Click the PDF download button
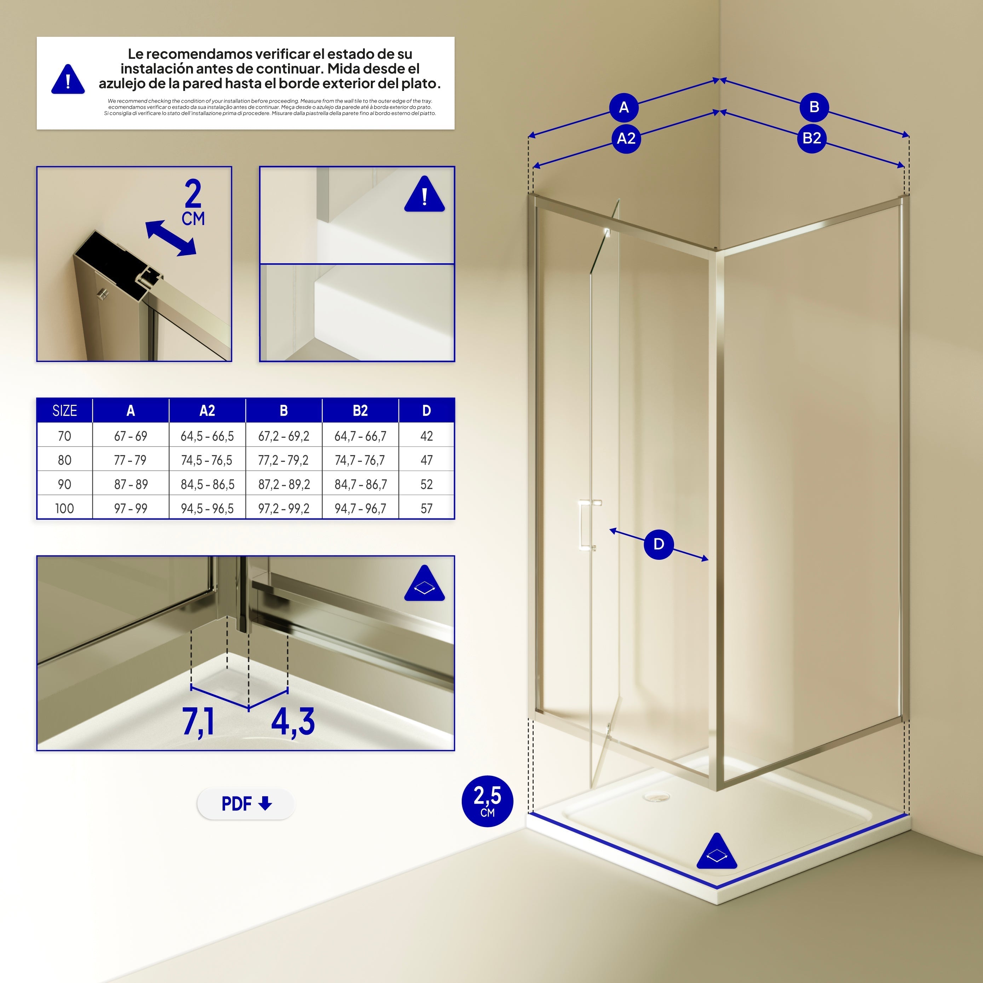[x=246, y=804]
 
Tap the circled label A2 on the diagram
[x=626, y=138]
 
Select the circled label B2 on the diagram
[x=811, y=138]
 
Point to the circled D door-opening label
[x=659, y=544]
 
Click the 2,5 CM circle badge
[x=487, y=801]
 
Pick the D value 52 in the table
[x=426, y=484]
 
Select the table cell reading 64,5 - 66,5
[x=207, y=436]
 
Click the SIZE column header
[x=65, y=410]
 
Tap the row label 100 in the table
[x=65, y=508]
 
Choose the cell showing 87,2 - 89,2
[x=284, y=484]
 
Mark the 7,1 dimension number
[x=199, y=722]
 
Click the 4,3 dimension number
[x=293, y=722]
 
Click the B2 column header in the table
[x=360, y=410]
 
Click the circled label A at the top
[x=624, y=107]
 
